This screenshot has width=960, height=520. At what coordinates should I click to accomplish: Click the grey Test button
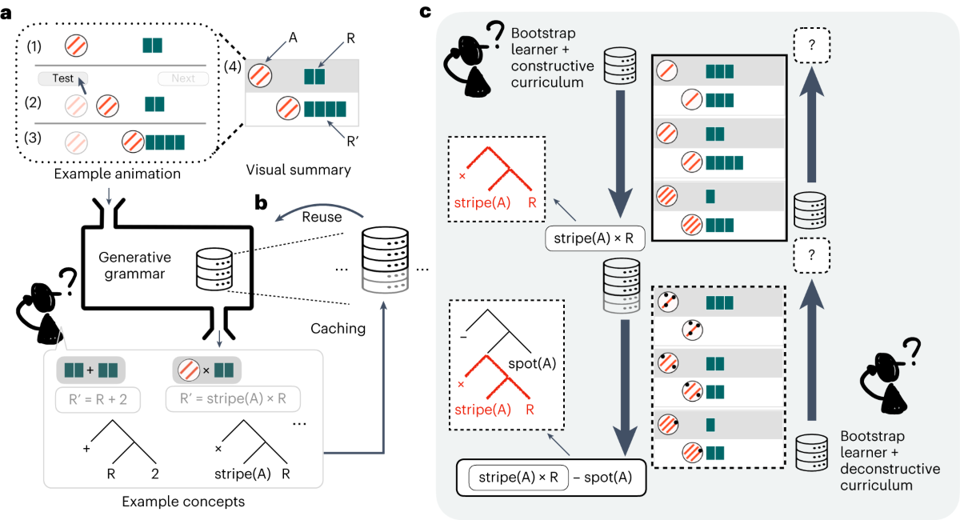62,78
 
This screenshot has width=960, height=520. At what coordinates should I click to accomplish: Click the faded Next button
182,78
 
